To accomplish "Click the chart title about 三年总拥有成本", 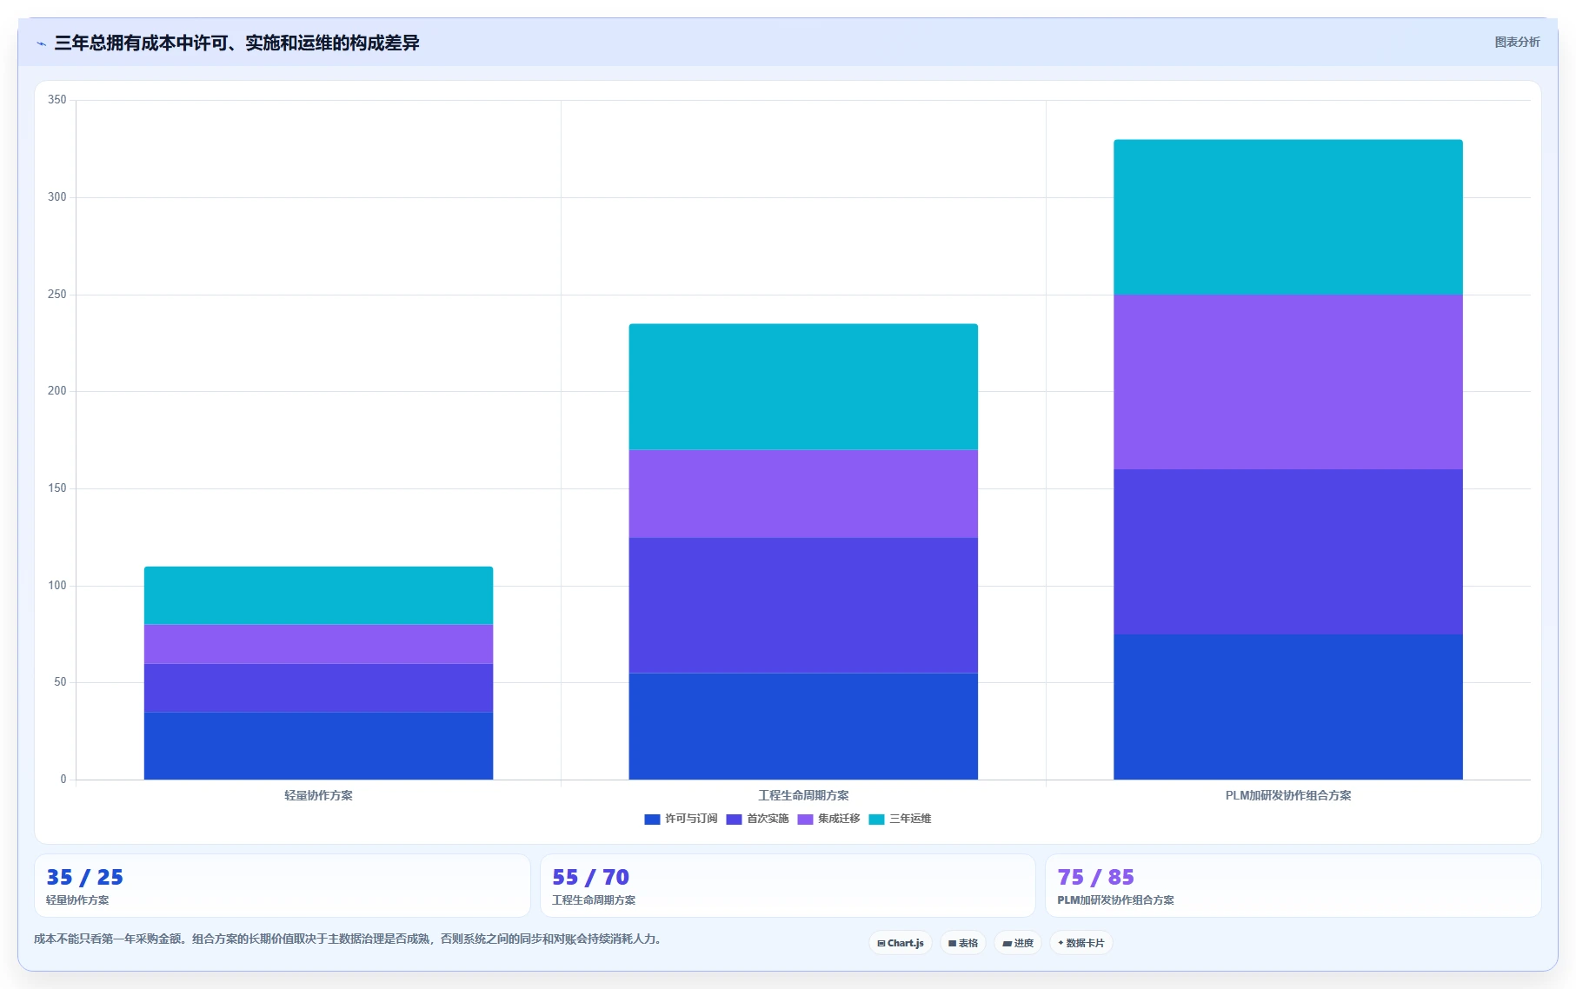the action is click(236, 43).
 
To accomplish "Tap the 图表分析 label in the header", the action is click(1517, 42).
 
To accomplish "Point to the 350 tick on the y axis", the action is click(57, 100).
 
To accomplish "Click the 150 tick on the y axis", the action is click(57, 488).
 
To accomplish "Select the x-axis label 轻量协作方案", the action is click(318, 795).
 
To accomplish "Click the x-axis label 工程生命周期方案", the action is click(803, 795).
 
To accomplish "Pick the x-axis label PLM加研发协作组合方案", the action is click(1288, 795).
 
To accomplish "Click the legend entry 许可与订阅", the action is click(681, 819).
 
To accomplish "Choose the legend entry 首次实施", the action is click(757, 819).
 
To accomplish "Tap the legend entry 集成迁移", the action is click(828, 819).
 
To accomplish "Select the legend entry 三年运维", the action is click(900, 819).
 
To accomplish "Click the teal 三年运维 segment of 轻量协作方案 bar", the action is click(318, 595).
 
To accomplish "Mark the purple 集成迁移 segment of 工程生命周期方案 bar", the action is click(803, 494).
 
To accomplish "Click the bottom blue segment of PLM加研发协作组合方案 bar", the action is click(1288, 707).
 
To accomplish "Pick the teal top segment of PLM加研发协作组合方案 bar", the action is click(1288, 217).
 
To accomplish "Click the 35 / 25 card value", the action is click(84, 877).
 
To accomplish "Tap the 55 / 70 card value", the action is click(590, 877).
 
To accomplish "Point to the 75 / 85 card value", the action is click(1095, 877).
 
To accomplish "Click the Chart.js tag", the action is click(901, 943).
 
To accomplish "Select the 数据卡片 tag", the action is click(1081, 943).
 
